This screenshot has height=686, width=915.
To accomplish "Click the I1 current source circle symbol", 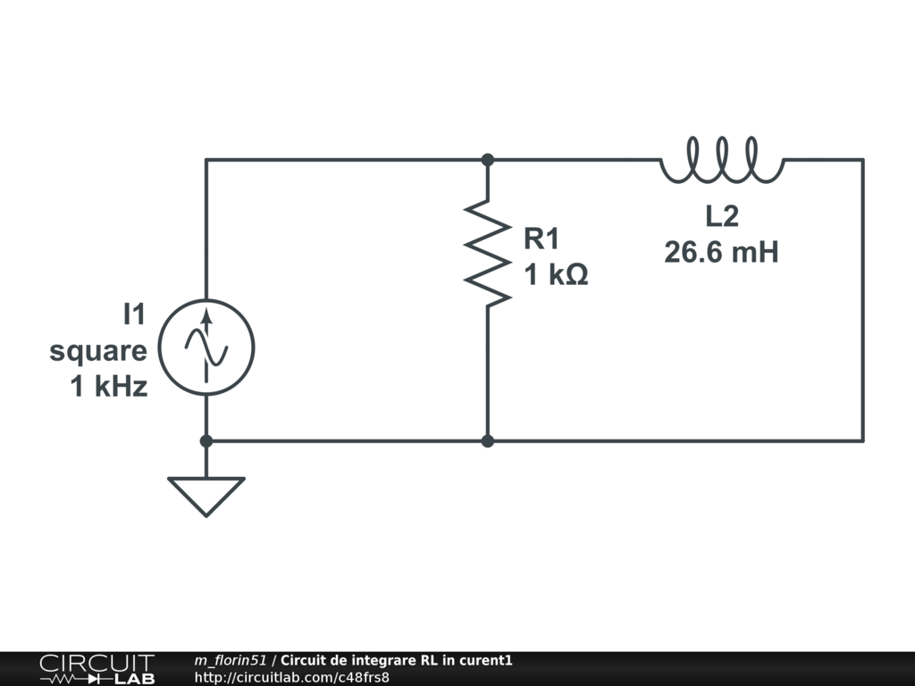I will tap(206, 347).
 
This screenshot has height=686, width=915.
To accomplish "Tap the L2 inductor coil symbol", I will tap(722, 160).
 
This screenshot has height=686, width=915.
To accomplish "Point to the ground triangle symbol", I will tap(206, 494).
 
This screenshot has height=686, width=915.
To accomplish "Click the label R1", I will tap(541, 238).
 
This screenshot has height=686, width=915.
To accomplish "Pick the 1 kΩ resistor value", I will tap(556, 276).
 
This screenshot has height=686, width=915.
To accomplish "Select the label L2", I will tap(722, 216).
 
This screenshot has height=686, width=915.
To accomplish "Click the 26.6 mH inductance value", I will tap(721, 253).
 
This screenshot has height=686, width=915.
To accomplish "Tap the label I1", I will tap(134, 314).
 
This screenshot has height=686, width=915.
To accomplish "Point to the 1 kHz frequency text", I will tap(109, 388).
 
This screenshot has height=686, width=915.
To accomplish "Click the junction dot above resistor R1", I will tap(488, 160).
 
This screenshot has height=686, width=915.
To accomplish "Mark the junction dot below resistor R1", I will tap(488, 440).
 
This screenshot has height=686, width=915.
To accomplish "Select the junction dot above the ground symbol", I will tap(206, 440).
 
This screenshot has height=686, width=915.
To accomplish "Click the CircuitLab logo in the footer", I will tap(96, 668).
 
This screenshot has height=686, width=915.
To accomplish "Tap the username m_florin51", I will tap(231, 661).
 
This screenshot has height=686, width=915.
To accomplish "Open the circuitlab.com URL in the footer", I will tap(291, 677).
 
